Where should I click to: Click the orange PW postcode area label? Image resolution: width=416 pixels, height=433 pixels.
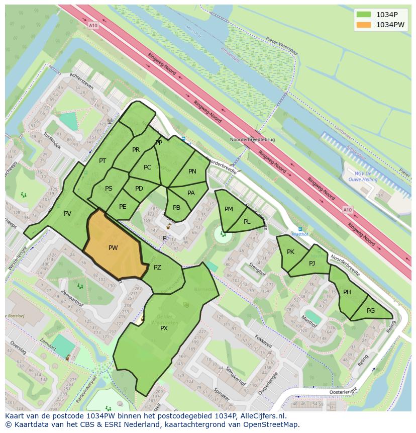113,248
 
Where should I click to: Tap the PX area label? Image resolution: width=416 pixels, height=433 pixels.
164,328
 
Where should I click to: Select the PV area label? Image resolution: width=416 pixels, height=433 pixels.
67,214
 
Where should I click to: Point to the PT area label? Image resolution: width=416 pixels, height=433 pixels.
102,161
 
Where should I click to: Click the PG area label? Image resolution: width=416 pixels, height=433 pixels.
371,311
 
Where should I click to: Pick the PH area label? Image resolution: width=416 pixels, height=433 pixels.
347,292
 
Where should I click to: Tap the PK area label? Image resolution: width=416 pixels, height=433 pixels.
290,252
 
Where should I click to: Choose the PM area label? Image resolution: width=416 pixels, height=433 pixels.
229,209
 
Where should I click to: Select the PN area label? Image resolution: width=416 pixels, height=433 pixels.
192,171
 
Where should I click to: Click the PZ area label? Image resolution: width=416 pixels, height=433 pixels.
157,268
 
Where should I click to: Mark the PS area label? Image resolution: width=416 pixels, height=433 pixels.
109,189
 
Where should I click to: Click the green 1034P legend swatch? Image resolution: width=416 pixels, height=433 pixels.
363,15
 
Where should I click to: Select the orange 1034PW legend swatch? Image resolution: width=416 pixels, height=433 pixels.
363,25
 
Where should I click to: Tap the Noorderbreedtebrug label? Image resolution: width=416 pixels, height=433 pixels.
252,139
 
